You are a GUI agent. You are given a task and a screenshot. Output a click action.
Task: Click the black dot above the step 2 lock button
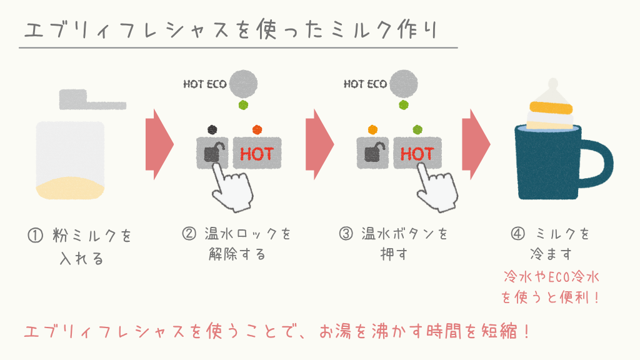(x=212, y=130)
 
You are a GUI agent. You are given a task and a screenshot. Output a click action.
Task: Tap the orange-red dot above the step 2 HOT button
(x=257, y=130)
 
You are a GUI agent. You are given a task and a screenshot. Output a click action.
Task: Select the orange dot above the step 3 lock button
(x=372, y=130)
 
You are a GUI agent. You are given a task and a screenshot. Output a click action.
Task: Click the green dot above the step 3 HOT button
(x=417, y=130)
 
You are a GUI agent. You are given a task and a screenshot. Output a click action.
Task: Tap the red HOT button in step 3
(x=417, y=153)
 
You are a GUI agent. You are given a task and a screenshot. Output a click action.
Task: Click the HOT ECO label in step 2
(x=205, y=84)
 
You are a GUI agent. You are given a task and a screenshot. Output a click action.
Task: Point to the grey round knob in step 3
(x=403, y=84)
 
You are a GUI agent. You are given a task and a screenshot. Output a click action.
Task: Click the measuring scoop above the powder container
(x=92, y=99)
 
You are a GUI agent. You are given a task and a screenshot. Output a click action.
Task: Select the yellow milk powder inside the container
(x=70, y=188)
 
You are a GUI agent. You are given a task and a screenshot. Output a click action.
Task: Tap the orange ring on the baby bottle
(x=551, y=107)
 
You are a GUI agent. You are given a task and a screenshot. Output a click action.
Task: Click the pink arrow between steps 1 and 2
(x=159, y=144)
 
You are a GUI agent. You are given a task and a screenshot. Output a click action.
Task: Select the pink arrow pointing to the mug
(x=476, y=144)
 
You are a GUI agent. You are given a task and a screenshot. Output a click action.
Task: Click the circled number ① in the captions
(x=35, y=236)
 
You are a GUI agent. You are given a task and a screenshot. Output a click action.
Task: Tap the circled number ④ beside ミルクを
(x=518, y=234)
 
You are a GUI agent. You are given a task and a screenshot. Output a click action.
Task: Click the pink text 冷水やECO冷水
(x=551, y=277)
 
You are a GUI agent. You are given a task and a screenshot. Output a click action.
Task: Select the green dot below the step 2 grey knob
(x=243, y=105)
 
